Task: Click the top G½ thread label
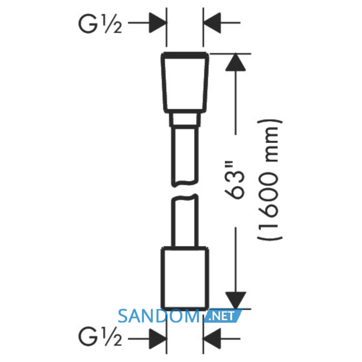pos(100,24)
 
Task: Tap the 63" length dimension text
pos(234,179)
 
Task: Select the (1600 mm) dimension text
pos(269,180)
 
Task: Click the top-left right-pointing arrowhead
pos(157,23)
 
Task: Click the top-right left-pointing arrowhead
pos(212,23)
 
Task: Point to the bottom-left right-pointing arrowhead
pos(157,339)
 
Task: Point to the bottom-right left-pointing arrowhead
pos(212,339)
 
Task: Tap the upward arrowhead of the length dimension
pos(235,62)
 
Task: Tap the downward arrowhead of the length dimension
pos(236,300)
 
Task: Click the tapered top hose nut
pos(185,83)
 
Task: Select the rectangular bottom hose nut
pos(185,278)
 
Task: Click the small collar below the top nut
pos(185,119)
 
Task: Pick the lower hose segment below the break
pos(185,221)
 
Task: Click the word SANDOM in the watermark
pos(159,316)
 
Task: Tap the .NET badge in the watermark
pos(222,316)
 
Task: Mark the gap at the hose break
pos(185,191)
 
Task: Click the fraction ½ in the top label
pos(113,24)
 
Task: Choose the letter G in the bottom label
pos(88,337)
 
